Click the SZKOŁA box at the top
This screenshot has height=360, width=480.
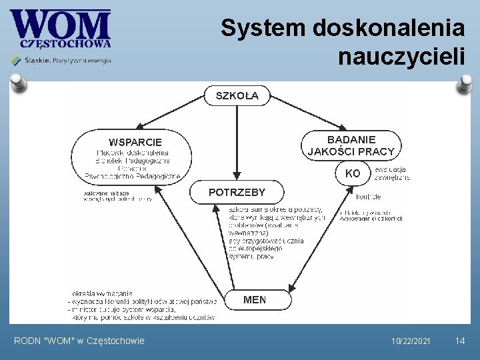click(x=237, y=96)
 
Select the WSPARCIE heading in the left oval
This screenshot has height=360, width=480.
click(x=135, y=142)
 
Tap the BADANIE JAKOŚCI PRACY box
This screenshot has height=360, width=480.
click(x=351, y=145)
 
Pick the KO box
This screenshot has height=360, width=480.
click(x=353, y=173)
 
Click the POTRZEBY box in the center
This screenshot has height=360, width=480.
click(x=237, y=192)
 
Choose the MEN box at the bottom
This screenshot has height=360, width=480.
click(x=254, y=299)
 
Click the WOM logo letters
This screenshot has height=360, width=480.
click(x=60, y=25)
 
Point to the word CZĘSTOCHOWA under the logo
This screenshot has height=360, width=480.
click(x=65, y=44)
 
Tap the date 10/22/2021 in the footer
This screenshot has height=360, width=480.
click(x=411, y=341)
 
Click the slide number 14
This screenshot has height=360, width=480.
click(x=459, y=341)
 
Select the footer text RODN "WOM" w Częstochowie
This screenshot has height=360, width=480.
click(x=79, y=341)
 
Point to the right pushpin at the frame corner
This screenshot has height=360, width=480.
click(x=464, y=83)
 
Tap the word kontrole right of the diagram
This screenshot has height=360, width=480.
click(x=369, y=197)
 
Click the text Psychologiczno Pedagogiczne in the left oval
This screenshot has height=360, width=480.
click(x=133, y=177)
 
